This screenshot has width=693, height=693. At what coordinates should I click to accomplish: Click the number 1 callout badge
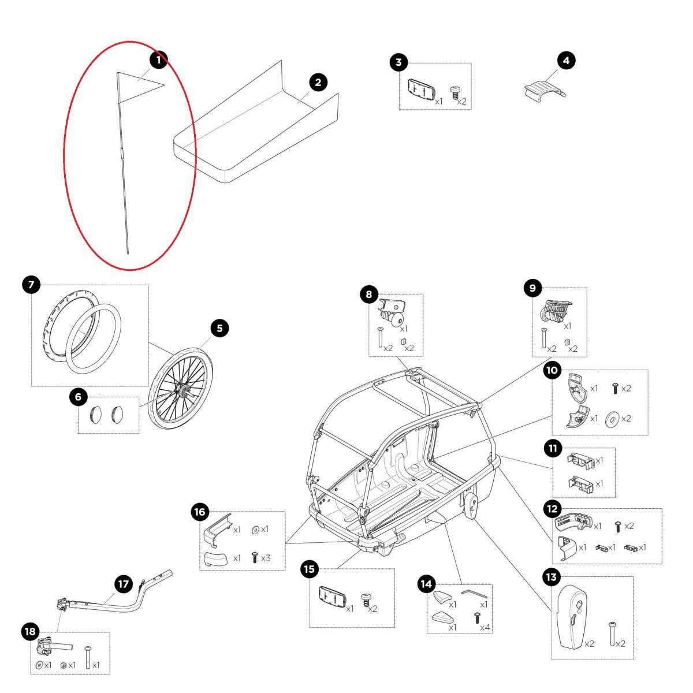[158, 59]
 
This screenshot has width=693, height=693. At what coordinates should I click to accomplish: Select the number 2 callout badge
[318, 83]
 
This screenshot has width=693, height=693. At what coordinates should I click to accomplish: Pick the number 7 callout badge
[31, 284]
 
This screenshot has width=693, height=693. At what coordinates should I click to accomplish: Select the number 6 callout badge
[79, 397]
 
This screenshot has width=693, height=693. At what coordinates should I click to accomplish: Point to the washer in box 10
[610, 419]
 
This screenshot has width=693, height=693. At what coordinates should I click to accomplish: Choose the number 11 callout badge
[553, 448]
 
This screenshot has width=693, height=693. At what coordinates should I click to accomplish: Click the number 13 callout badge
[551, 576]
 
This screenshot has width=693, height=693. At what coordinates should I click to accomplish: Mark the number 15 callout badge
[310, 569]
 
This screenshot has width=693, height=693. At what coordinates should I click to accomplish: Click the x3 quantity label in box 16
[266, 558]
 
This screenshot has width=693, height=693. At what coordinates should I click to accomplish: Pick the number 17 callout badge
[123, 584]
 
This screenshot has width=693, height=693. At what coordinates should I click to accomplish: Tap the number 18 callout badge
[31, 632]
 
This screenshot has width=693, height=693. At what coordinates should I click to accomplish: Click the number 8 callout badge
[369, 295]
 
